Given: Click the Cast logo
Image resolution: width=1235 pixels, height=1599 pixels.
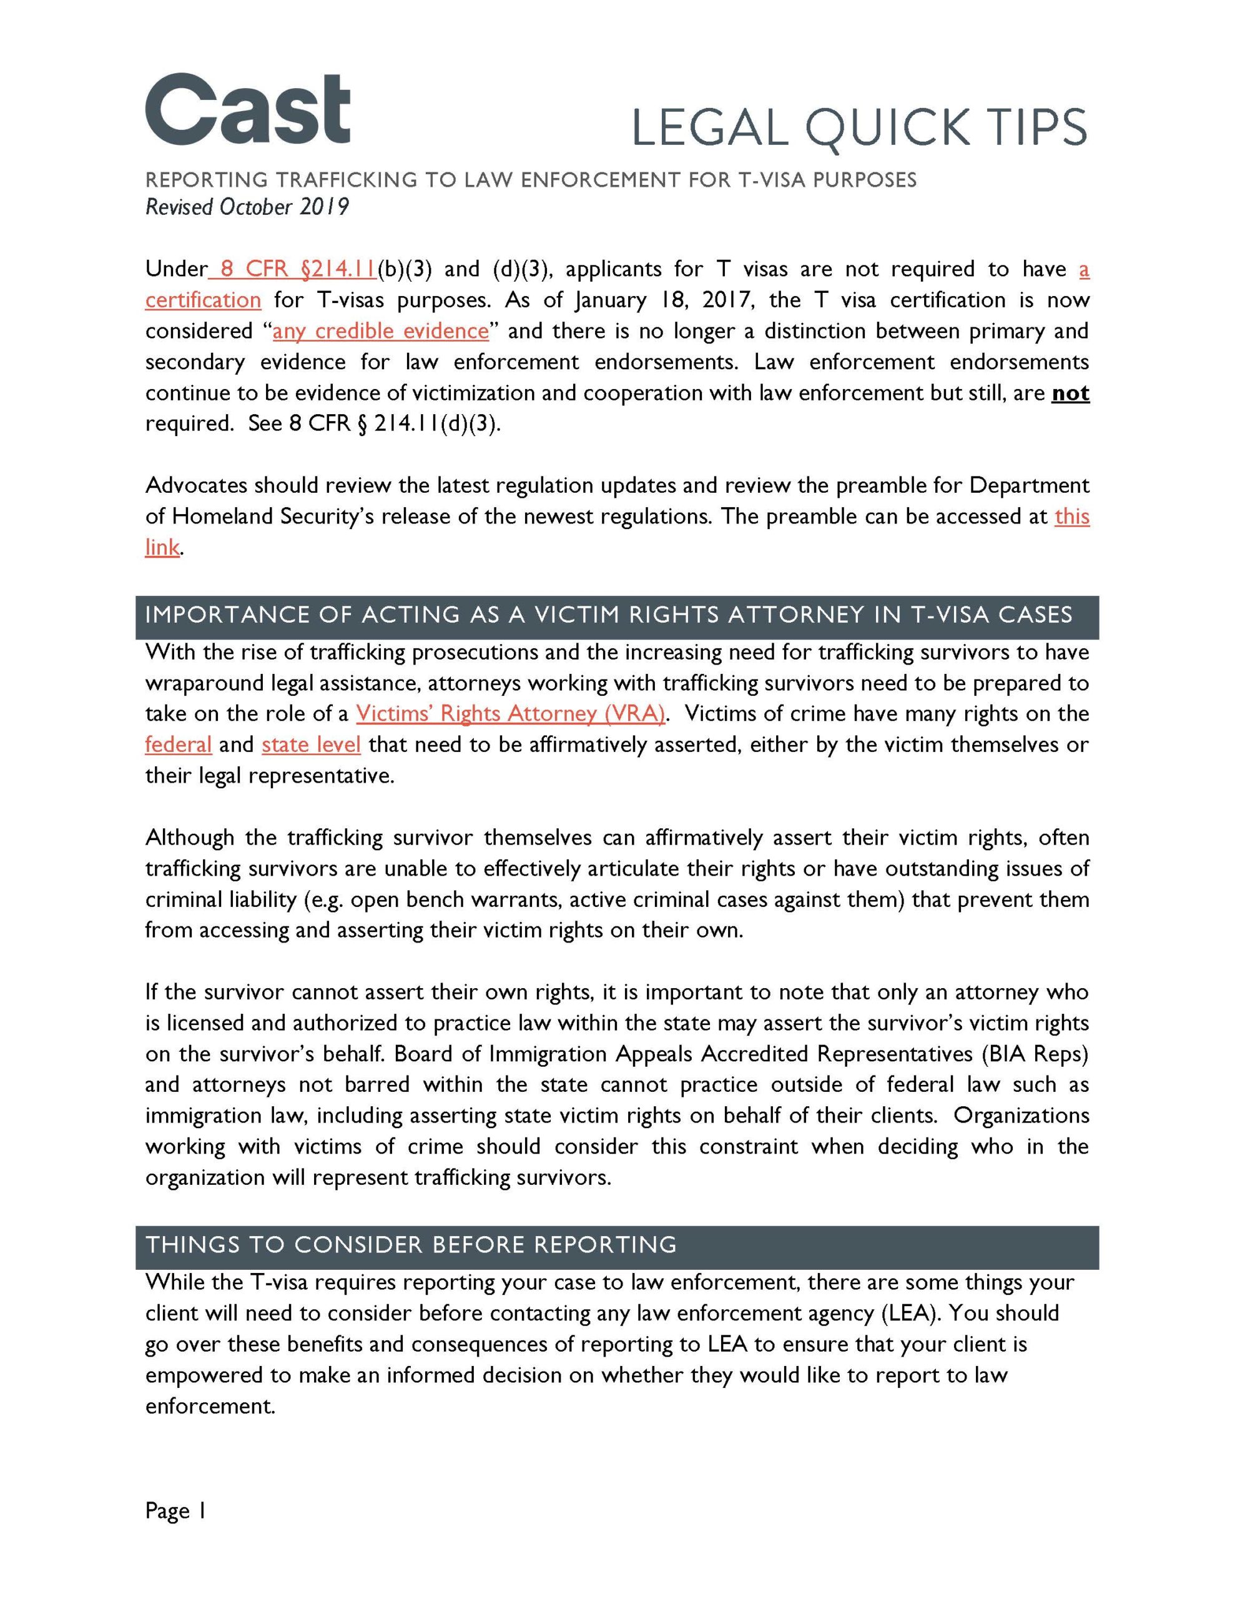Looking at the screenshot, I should tap(247, 110).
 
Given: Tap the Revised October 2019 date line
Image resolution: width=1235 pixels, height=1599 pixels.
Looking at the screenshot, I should tap(247, 207).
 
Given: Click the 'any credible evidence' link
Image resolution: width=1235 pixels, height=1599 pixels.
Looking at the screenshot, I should tap(380, 332).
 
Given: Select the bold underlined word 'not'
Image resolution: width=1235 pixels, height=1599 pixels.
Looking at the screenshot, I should tap(1070, 393).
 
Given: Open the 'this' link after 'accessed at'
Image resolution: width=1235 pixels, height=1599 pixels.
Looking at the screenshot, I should tap(1072, 517).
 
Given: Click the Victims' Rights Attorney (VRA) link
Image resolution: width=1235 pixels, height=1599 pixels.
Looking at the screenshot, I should tap(510, 714).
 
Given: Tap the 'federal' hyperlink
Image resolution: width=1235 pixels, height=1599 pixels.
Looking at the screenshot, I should tap(178, 745).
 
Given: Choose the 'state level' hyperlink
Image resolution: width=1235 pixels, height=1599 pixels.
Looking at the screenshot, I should tap(311, 745).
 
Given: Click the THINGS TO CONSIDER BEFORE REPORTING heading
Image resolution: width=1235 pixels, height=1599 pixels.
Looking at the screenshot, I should tap(411, 1245).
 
